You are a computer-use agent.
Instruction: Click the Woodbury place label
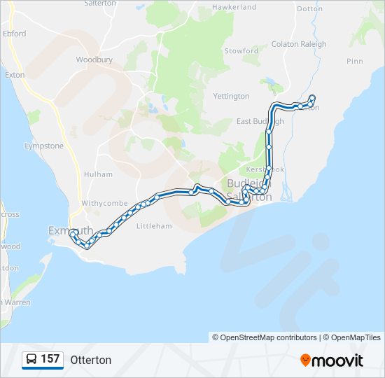tap(94, 60)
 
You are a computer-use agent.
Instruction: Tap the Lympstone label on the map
tap(43, 146)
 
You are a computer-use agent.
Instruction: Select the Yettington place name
tap(231, 96)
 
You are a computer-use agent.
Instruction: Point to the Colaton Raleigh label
tap(299, 44)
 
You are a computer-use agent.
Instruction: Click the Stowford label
tap(241, 51)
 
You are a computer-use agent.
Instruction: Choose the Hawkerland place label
tap(234, 7)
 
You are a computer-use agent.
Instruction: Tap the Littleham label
tap(154, 226)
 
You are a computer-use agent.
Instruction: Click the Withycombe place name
tap(105, 203)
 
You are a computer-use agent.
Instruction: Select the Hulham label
tap(98, 174)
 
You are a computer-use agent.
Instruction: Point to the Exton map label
tap(14, 74)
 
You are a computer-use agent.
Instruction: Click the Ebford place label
tap(14, 34)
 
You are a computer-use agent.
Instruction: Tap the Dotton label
tap(310, 9)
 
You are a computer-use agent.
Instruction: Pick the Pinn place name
tap(355, 62)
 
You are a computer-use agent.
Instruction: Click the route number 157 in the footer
tap(50, 359)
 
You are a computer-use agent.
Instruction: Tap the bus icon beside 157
tap(31, 360)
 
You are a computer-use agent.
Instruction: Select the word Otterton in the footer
tap(90, 360)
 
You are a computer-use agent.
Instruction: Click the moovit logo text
tap(338, 360)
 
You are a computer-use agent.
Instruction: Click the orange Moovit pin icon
tap(305, 360)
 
